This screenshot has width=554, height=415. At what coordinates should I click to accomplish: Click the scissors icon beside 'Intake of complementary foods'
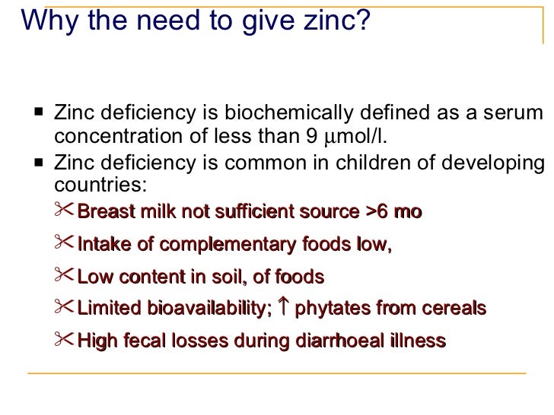[x=65, y=243]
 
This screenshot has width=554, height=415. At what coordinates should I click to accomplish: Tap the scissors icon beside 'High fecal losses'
[x=65, y=341]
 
